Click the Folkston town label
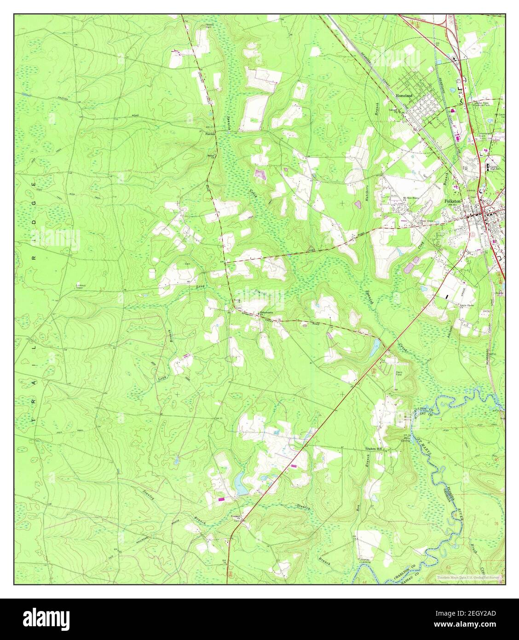click(x=456, y=201)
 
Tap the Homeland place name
click(x=404, y=95)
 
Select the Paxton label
click(x=210, y=134)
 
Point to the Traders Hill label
click(x=374, y=448)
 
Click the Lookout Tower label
click(x=82, y=286)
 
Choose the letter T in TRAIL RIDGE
click(x=34, y=420)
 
